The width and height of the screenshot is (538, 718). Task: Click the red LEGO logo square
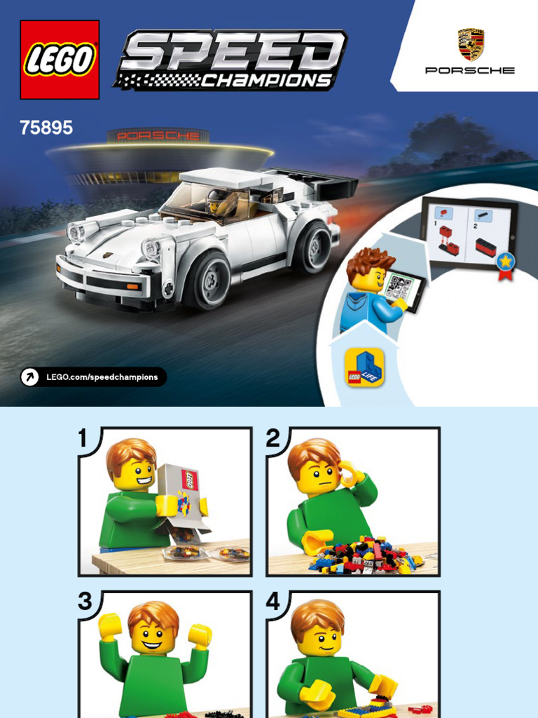[x=60, y=60]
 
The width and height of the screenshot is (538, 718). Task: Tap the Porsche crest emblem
[x=471, y=44]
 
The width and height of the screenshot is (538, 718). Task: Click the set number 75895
[x=46, y=128]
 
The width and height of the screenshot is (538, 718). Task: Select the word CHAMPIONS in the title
[x=265, y=81]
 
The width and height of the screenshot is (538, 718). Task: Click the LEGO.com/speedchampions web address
[x=102, y=377]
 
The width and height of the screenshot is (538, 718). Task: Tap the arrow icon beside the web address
[x=29, y=377]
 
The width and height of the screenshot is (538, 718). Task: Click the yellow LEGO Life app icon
[x=364, y=367]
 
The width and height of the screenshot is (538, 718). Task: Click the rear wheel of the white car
[x=312, y=248]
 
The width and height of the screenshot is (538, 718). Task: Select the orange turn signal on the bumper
[x=132, y=287]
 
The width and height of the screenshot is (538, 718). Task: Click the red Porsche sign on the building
[x=158, y=136]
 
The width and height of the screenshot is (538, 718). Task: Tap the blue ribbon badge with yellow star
[x=506, y=264]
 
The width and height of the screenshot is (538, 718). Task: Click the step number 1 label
[x=83, y=438]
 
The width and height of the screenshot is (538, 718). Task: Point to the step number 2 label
[x=273, y=438]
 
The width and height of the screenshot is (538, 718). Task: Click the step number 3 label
[x=85, y=601]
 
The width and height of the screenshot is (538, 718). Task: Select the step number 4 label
[x=273, y=601]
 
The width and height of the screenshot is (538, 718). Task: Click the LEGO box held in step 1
[x=182, y=498]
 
